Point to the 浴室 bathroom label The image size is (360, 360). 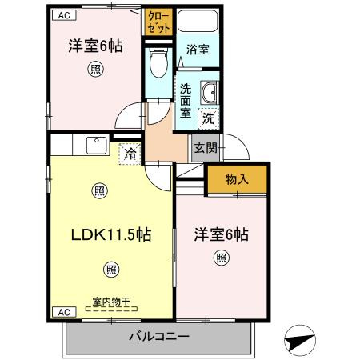[x=198, y=50]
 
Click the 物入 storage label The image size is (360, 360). [x=236, y=179]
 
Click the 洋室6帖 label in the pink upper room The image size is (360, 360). [x=94, y=46]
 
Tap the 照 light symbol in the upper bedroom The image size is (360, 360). [x=94, y=70]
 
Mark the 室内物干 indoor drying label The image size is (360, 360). [x=110, y=302]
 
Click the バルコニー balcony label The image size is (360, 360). [x=158, y=337]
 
